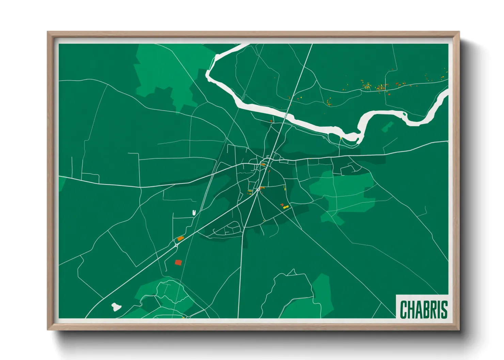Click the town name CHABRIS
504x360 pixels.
click(423, 309)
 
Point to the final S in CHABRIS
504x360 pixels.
click(444, 309)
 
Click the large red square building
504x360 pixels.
click(178, 262)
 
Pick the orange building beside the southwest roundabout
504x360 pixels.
click(180, 239)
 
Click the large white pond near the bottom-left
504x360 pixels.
click(116, 307)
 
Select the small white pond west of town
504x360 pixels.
click(194, 213)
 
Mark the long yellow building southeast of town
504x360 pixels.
click(286, 207)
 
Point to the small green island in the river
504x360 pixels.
click(404, 114)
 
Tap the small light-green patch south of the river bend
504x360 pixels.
click(387, 127)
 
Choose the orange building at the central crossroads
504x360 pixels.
click(263, 165)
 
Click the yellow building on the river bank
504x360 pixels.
click(341, 138)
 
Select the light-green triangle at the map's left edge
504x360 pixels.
click(61, 183)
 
